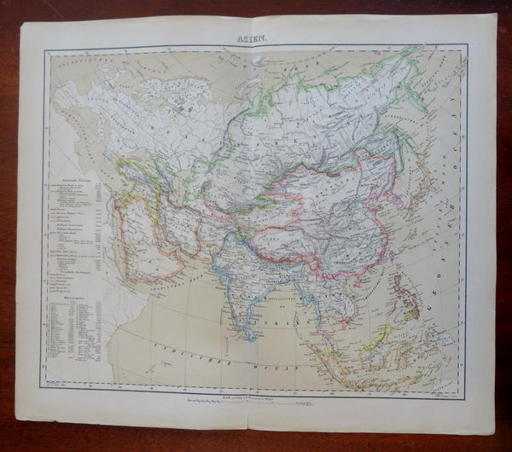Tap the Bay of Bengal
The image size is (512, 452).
[x=282, y=298]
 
